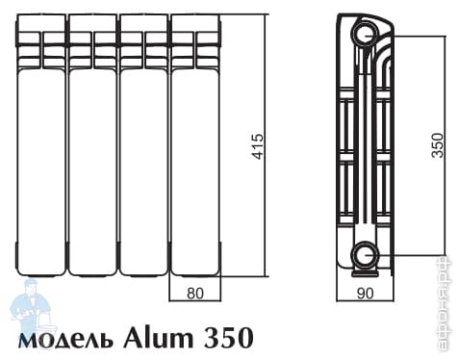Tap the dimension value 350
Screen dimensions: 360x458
pos(437,145)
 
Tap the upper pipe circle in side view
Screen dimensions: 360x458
pos(365,36)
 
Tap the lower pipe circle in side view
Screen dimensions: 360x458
pos(365,255)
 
